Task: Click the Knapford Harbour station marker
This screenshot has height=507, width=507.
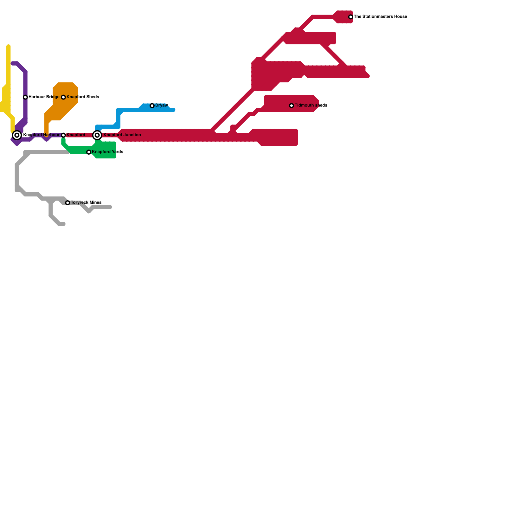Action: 17,135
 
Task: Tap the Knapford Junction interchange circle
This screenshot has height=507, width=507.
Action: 97,135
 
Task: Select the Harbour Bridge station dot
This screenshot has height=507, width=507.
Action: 25,97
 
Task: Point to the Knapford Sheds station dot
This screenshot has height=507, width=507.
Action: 63,97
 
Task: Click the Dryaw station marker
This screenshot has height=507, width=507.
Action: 152,106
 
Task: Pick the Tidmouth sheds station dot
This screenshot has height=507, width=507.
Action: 292,106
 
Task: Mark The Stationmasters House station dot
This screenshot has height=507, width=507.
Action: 350,17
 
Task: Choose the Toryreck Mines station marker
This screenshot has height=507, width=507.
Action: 67,203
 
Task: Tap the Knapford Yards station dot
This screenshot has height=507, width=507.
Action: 89,152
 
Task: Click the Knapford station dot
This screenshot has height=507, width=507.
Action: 63,135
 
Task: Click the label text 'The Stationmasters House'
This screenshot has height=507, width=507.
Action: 380,17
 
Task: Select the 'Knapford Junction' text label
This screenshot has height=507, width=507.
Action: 122,135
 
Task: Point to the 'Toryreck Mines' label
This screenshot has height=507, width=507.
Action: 86,202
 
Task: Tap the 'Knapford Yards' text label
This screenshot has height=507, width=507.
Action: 107,152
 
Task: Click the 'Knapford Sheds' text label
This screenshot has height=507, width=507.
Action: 83,97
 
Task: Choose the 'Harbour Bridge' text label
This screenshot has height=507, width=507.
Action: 44,97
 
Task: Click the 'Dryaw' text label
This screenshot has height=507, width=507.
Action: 161,105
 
